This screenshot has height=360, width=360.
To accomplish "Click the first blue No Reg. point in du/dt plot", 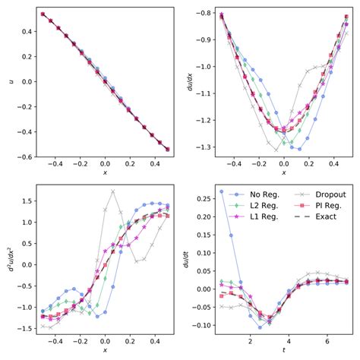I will (222, 192).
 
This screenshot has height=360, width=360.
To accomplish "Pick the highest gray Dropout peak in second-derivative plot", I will (112, 191).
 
